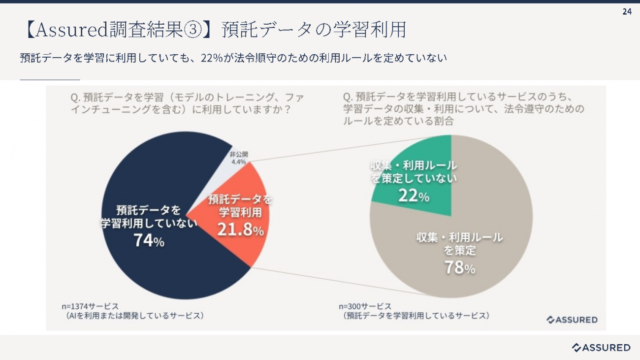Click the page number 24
point(627,12)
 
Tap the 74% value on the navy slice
point(149,240)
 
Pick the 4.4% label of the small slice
point(238,162)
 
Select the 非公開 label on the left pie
point(238,154)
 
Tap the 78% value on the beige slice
point(460,267)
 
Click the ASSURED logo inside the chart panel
point(572,320)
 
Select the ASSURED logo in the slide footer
point(601,348)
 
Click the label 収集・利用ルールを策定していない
point(414,172)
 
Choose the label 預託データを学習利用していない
point(149,217)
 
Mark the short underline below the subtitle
point(50,79)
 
